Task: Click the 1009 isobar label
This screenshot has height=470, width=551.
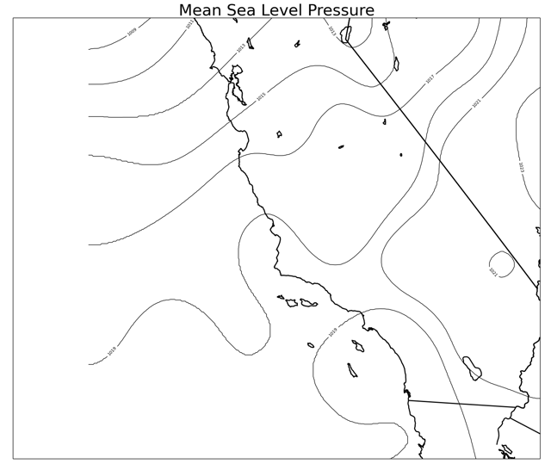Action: click(131, 33)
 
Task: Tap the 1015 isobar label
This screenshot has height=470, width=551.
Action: click(261, 96)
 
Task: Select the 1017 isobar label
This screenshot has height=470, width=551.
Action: click(429, 80)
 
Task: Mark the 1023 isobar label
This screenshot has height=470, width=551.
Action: click(521, 167)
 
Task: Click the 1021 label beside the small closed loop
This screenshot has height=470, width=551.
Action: click(492, 272)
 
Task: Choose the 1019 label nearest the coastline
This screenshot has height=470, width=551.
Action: click(332, 332)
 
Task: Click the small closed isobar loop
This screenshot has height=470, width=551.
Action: click(501, 263)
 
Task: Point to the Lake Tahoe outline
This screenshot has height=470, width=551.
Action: click(396, 63)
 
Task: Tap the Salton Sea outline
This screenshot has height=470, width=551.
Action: click(472, 368)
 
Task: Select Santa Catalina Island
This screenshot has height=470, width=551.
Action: click(357, 346)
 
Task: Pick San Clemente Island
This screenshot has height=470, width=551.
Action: click(352, 370)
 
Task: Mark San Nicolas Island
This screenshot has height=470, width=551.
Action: click(311, 345)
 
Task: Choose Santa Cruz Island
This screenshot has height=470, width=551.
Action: click(308, 303)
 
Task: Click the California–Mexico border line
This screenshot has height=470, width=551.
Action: click(465, 404)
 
